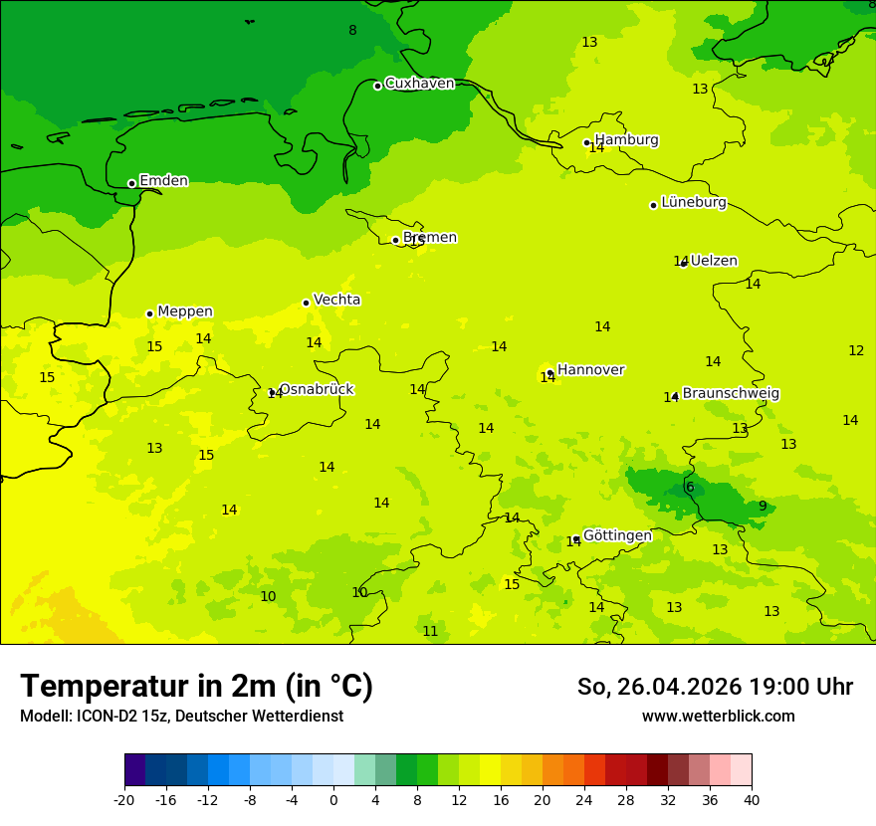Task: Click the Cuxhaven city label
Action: coord(419,84)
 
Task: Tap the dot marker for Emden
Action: coord(131,183)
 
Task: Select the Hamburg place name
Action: coord(626,140)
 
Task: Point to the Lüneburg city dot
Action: coord(653,205)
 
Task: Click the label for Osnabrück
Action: coord(316,390)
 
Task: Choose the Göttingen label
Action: coord(617,535)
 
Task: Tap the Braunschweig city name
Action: coord(731,394)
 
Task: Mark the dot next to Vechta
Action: coord(306,303)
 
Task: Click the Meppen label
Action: coord(184,311)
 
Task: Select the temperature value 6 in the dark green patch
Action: coord(690,487)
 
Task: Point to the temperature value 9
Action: coord(763,506)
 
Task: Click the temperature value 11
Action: coord(430,631)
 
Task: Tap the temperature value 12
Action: coord(856,350)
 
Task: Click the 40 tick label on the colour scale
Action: coord(752,800)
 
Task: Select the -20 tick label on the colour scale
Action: coord(124,800)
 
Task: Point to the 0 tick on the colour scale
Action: coord(333,800)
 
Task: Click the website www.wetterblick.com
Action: coord(718,717)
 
